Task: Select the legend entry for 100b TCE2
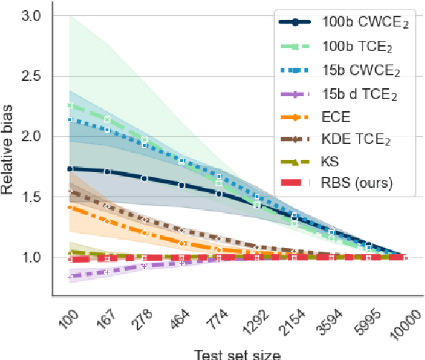coord(341,47)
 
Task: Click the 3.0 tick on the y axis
coord(32,15)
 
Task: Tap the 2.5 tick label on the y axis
coord(32,76)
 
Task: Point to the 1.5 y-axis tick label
coord(32,197)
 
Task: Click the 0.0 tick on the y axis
coord(32,257)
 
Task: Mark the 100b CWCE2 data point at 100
coord(70,169)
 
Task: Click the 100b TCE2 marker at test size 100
coord(70,105)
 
